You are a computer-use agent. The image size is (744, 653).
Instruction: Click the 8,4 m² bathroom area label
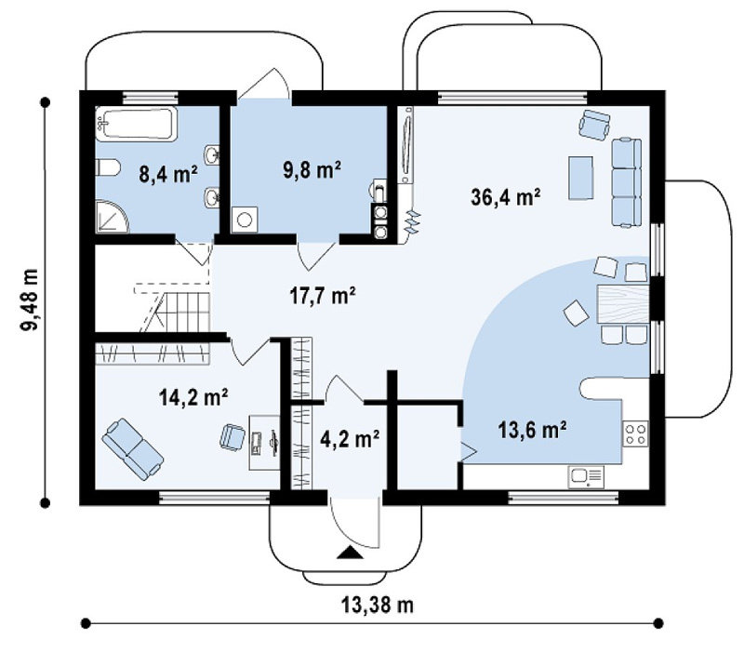168,175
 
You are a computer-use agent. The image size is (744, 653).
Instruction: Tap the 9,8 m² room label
312,169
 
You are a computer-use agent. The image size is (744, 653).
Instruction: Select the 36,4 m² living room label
506,197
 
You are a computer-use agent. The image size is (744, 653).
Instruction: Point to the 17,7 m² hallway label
323,295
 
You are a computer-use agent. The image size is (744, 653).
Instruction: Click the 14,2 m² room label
193,397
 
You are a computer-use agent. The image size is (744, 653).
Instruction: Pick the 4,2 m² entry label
350,439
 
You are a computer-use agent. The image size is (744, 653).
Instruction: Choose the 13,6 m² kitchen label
532,430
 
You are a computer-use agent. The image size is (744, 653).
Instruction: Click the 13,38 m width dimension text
378,605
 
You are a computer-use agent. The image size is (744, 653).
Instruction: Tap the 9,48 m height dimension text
30,300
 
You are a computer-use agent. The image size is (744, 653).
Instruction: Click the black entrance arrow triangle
350,553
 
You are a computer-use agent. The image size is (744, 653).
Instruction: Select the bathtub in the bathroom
136,124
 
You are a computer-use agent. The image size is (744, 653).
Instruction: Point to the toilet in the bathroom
108,168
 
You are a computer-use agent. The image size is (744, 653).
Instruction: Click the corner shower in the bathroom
112,217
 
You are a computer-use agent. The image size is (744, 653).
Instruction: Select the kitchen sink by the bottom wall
586,477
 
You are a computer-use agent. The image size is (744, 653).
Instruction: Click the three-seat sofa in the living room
626,182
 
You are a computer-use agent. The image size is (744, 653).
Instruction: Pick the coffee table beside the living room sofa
581,178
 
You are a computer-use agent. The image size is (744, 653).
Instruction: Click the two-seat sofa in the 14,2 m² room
133,449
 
